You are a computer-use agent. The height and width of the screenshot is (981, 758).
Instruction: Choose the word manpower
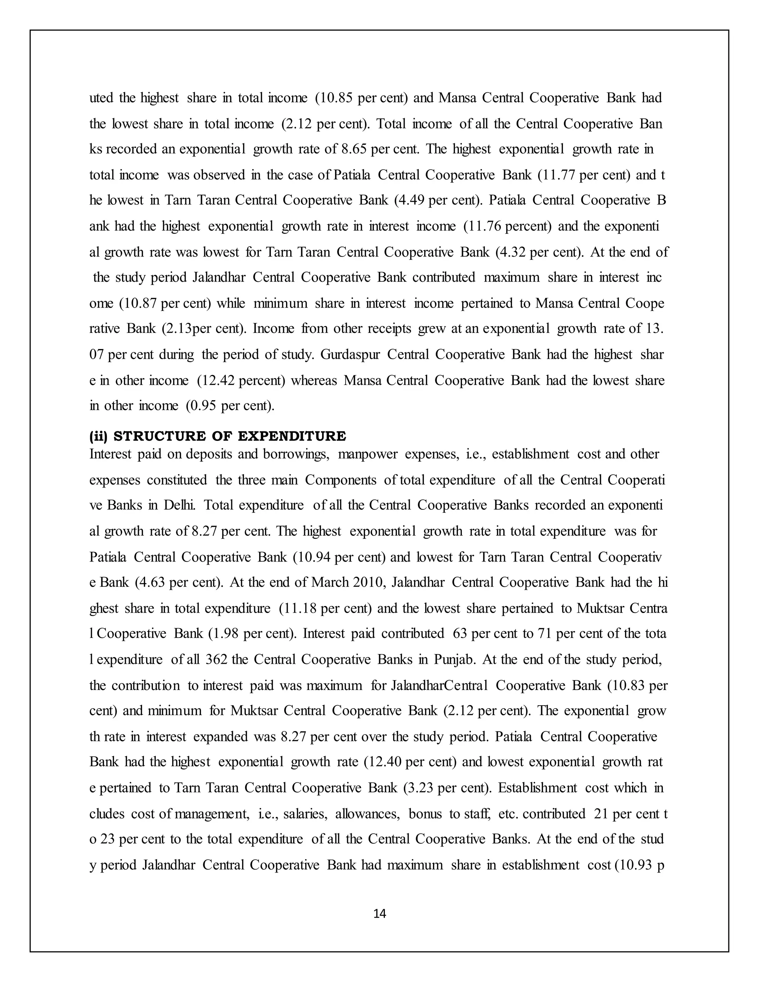tap(367, 454)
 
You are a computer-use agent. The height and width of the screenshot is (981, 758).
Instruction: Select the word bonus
tap(425, 814)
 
